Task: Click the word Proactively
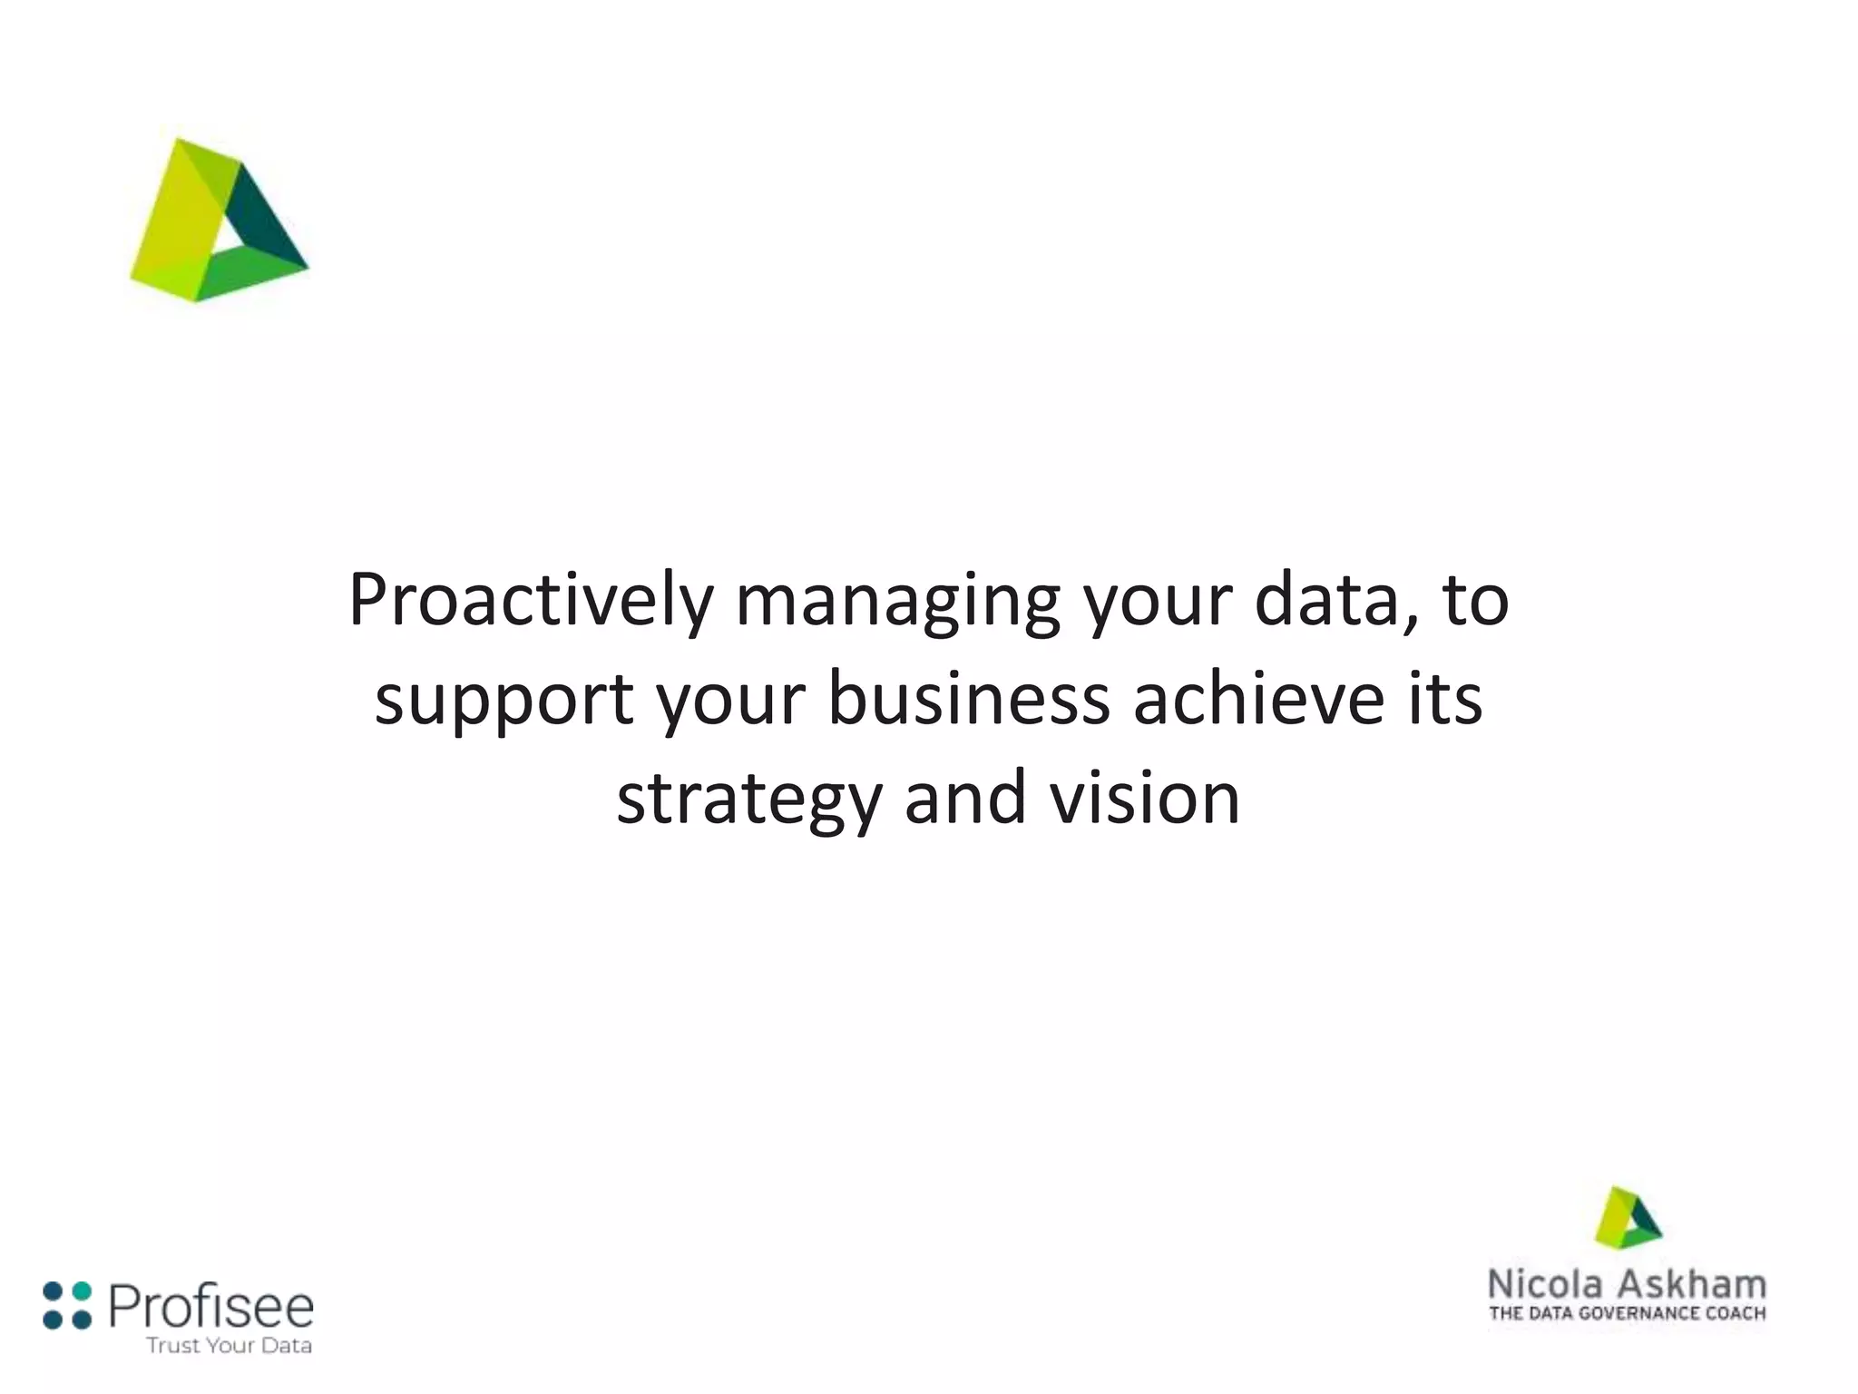click(532, 601)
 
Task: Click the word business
click(969, 699)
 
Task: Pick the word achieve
click(1259, 699)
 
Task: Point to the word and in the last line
click(965, 799)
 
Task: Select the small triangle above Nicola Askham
click(1628, 1218)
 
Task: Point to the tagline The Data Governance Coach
click(1628, 1313)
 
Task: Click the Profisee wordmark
click(210, 1307)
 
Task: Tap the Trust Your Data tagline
click(229, 1345)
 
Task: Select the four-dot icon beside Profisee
click(67, 1305)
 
